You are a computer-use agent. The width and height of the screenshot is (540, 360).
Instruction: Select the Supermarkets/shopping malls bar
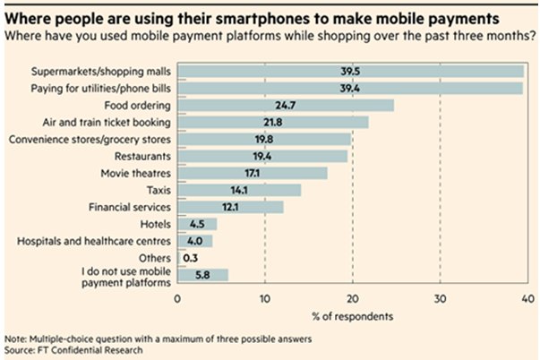click(x=350, y=71)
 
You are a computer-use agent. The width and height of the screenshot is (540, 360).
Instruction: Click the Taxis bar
click(x=239, y=190)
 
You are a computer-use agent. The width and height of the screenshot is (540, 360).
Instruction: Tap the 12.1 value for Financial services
click(x=230, y=207)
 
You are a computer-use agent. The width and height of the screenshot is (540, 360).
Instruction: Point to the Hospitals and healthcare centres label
click(x=91, y=241)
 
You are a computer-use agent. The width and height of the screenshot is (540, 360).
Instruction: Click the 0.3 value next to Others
click(x=191, y=258)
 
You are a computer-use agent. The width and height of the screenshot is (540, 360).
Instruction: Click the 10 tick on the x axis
click(x=264, y=298)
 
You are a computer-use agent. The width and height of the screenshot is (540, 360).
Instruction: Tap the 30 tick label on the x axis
click(x=439, y=298)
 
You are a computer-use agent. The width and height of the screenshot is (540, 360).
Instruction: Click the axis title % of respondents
click(x=352, y=314)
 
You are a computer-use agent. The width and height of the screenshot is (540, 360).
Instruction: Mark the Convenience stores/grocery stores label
click(x=90, y=139)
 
